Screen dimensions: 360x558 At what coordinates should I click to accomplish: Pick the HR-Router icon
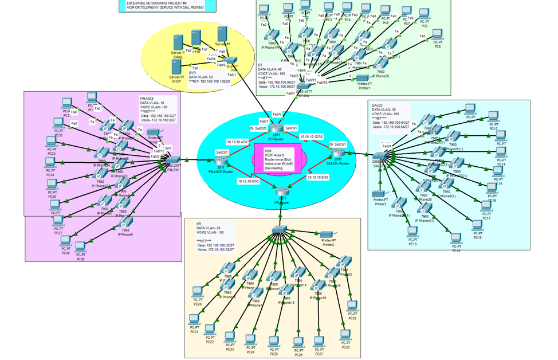282,193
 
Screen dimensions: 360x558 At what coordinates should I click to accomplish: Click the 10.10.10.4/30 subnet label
237,142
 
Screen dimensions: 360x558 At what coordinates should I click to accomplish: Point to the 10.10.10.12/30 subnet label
311,137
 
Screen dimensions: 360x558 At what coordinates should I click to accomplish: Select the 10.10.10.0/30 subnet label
248,181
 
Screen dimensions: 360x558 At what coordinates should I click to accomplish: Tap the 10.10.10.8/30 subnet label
317,178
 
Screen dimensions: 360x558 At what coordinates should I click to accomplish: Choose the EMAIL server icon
178,44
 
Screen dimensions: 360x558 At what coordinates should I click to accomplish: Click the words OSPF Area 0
276,155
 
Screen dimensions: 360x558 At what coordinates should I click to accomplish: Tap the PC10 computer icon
412,232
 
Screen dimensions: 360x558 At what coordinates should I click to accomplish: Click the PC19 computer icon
456,238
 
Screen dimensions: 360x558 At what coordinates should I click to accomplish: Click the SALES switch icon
380,155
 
